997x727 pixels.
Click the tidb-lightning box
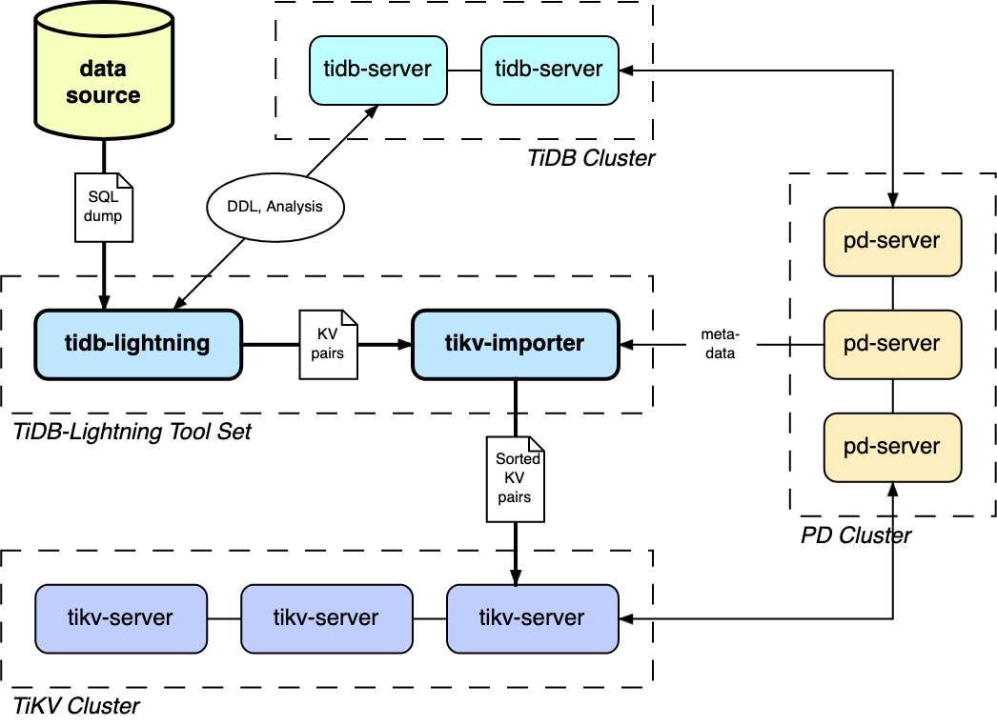138,343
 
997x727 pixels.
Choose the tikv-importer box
516,343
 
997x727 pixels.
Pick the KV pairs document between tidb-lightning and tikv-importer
328,344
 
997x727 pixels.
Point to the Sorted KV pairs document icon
516,478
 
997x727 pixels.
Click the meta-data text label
721,343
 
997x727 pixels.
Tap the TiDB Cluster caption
591,158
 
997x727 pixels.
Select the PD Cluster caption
855,535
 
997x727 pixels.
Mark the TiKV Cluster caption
76,706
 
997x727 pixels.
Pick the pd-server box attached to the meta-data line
892,344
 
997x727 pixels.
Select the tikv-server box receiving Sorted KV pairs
532,618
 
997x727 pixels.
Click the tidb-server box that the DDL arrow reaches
378,70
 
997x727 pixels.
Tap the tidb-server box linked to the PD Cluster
549,70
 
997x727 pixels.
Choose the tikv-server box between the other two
326,618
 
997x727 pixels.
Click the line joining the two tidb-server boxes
464,70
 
